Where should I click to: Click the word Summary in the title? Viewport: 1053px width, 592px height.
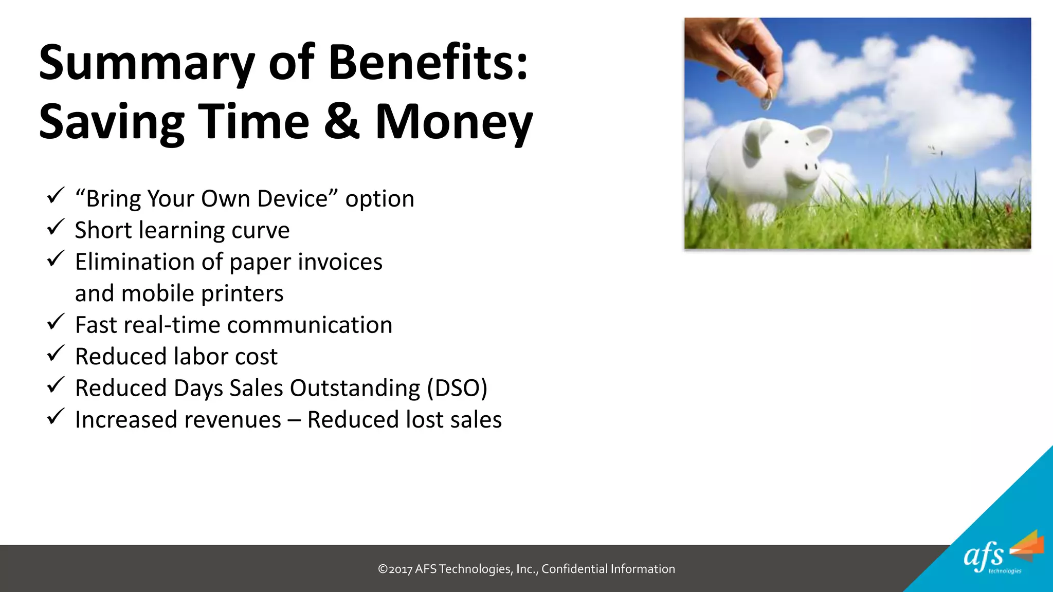click(147, 64)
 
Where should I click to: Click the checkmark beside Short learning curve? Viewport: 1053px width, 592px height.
click(56, 227)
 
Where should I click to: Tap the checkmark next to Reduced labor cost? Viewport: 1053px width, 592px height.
click(56, 354)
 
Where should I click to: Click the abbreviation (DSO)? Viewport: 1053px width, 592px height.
click(457, 388)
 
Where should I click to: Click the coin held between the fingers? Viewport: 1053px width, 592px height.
click(766, 102)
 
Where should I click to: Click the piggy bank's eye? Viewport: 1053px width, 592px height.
click(787, 141)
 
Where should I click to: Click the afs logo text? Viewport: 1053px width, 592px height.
click(983, 556)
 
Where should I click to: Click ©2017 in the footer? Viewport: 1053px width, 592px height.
click(395, 569)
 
